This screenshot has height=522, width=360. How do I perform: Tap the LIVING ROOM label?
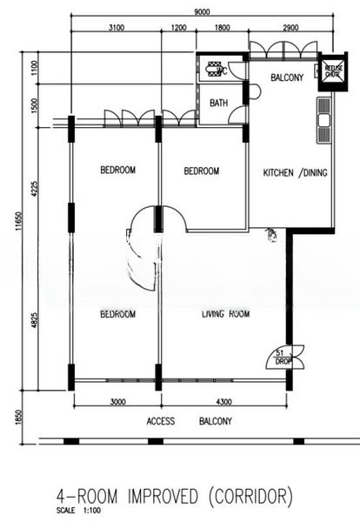(x=226, y=313)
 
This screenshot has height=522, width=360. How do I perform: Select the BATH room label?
(x=219, y=103)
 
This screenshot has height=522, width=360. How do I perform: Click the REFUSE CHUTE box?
(x=331, y=70)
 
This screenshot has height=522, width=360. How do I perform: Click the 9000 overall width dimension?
(x=201, y=12)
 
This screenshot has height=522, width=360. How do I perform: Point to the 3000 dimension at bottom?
(x=117, y=401)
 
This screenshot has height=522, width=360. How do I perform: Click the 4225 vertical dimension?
(x=35, y=191)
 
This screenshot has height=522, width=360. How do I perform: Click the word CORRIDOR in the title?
(x=247, y=497)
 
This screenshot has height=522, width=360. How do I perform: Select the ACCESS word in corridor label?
(x=161, y=421)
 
